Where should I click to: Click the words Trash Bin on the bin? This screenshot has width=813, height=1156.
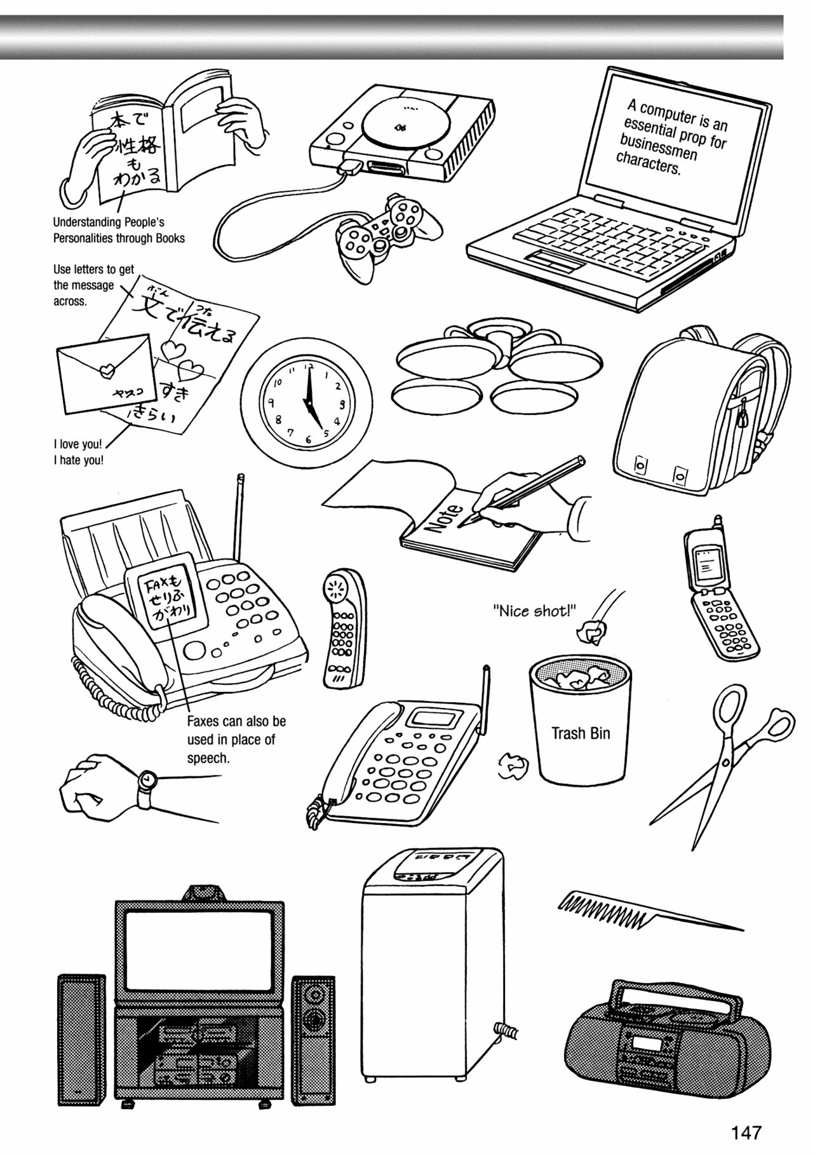(580, 733)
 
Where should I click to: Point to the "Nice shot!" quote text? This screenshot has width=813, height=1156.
(534, 611)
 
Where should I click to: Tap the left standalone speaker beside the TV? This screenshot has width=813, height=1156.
(80, 1038)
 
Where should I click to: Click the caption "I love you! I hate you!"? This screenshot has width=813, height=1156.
(78, 452)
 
